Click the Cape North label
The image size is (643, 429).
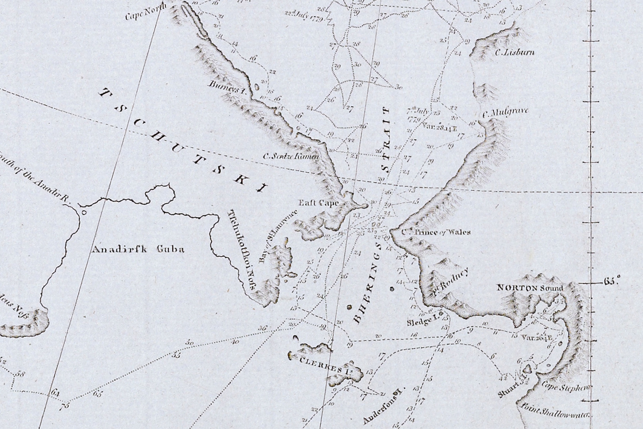point(145,12)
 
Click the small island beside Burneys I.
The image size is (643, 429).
point(256,87)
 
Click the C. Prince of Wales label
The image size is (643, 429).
point(436,232)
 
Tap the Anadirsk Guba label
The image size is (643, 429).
point(138,249)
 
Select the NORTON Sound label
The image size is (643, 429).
point(530,288)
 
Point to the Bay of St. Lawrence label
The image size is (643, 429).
point(278,237)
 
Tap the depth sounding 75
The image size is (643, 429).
point(65,406)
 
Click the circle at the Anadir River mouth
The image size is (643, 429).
point(84,212)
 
